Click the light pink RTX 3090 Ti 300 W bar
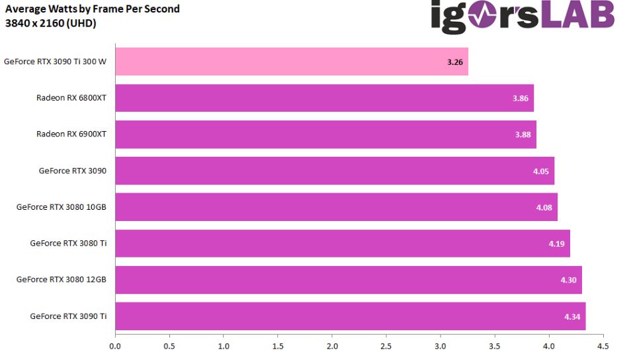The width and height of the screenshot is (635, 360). [x=291, y=62]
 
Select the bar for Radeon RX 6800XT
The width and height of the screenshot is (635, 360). [x=324, y=98]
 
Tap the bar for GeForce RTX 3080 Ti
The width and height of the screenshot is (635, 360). [x=342, y=244]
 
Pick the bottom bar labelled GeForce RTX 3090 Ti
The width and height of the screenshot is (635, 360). [x=350, y=316]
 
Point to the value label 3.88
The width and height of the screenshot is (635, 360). [x=523, y=134]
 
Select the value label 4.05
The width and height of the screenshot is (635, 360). [x=540, y=171]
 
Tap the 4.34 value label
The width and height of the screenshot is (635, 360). [x=571, y=317]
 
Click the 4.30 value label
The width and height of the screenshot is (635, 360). [x=568, y=280]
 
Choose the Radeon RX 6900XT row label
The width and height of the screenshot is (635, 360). [x=71, y=134]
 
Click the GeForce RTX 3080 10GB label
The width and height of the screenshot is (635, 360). [x=62, y=207]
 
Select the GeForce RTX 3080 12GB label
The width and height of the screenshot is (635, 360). [x=62, y=280]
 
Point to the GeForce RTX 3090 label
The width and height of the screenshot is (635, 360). [x=73, y=171]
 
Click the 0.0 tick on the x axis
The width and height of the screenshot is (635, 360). [x=115, y=345]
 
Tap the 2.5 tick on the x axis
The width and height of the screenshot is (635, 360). [x=386, y=345]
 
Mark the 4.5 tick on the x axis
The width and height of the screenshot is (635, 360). [x=603, y=345]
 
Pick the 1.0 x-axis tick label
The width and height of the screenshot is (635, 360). [x=224, y=345]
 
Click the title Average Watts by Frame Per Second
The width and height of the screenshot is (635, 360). [x=93, y=10]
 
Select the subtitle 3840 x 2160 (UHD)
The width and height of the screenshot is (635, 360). [x=51, y=23]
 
